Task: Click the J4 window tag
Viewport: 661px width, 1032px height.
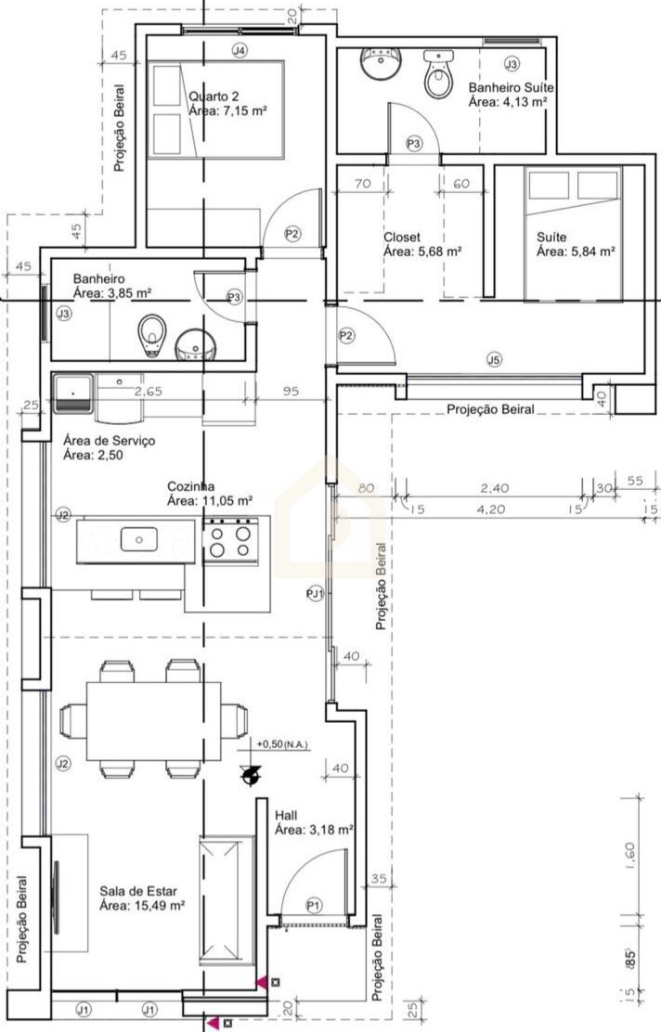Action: click(x=240, y=50)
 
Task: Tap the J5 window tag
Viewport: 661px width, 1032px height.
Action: click(x=494, y=359)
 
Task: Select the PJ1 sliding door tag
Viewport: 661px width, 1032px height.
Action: click(x=316, y=594)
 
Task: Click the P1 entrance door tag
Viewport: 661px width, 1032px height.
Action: click(x=315, y=906)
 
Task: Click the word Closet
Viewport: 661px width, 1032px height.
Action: click(x=402, y=237)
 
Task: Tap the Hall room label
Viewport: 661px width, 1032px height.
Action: click(x=286, y=816)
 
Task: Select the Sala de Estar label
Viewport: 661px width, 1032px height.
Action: click(x=138, y=891)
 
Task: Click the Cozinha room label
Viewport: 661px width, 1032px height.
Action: click(x=190, y=486)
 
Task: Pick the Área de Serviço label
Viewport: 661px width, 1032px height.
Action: click(x=110, y=440)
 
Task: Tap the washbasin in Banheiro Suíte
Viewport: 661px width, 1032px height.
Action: click(x=380, y=64)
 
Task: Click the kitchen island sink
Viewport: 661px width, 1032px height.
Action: click(x=138, y=540)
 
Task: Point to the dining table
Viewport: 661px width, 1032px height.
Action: click(x=144, y=721)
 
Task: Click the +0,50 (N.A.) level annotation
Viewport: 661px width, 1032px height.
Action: click(x=282, y=744)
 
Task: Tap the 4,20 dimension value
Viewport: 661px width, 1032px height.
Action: click(x=491, y=509)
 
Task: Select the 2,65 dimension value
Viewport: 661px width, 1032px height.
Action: click(x=149, y=391)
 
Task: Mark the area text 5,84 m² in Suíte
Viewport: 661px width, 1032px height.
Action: click(x=577, y=252)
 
